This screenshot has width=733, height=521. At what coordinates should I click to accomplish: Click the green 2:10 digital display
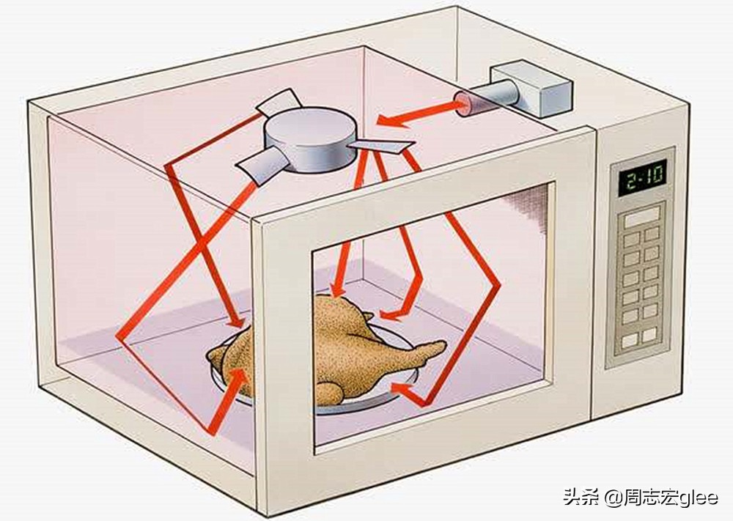643,178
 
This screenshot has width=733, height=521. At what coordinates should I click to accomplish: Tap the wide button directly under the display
641,216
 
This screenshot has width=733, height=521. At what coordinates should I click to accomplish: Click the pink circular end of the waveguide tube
460,103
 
